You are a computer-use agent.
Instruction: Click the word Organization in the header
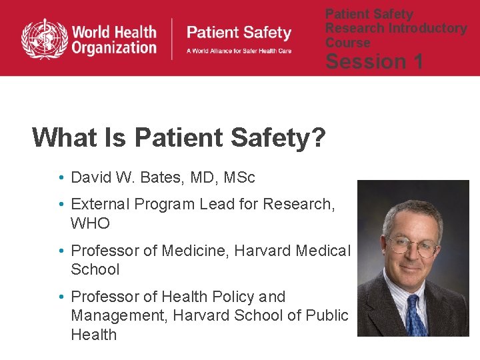pyautogui.click(x=114, y=47)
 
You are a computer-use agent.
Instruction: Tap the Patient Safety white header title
pyautogui.click(x=239, y=33)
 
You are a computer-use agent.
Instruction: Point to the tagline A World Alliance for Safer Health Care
pyautogui.click(x=239, y=51)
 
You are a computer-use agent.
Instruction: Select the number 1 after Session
pyautogui.click(x=419, y=62)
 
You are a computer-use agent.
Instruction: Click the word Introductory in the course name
pyautogui.click(x=427, y=28)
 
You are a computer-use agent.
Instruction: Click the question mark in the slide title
pyautogui.click(x=319, y=137)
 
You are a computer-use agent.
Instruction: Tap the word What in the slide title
pyautogui.click(x=61, y=137)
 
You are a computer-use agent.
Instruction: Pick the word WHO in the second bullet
pyautogui.click(x=90, y=223)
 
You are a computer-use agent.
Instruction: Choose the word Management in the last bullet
pyautogui.click(x=119, y=315)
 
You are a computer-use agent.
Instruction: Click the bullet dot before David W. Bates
pyautogui.click(x=61, y=178)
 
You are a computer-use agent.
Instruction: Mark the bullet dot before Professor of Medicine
pyautogui.click(x=61, y=251)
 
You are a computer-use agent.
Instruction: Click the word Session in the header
pyautogui.click(x=365, y=62)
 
